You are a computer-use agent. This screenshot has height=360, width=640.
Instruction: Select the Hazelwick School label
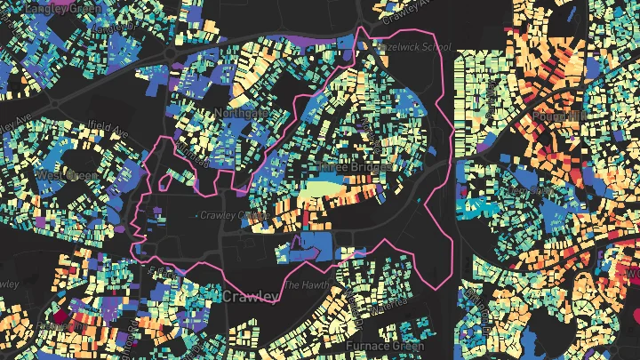click(414, 46)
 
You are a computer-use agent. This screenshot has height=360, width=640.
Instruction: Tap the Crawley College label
click(233, 214)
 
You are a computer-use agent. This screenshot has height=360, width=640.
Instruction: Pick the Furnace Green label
click(377, 343)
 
